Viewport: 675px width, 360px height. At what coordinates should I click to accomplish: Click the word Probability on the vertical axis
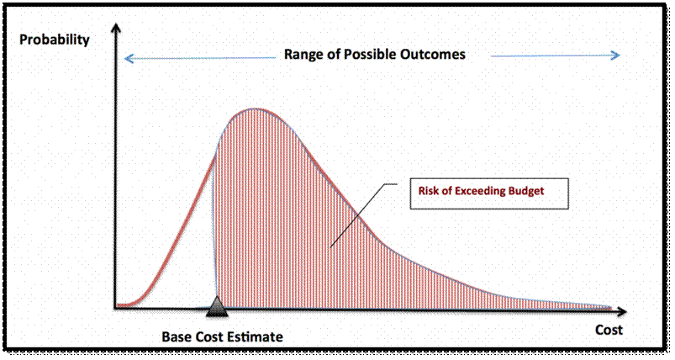(x=55, y=40)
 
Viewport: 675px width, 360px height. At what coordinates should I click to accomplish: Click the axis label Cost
(x=609, y=330)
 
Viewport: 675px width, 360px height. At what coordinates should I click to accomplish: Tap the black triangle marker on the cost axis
(x=217, y=307)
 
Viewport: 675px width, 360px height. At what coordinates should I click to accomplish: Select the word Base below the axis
(x=177, y=336)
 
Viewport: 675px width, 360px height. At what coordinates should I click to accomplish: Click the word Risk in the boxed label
(x=427, y=191)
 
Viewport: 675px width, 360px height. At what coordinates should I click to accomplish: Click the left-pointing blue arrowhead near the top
(x=129, y=58)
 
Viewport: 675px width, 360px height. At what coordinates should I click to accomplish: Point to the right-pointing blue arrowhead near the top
(x=614, y=56)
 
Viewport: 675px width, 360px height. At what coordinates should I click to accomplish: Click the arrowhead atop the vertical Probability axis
(x=116, y=28)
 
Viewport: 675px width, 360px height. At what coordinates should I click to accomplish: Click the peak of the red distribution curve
(x=256, y=109)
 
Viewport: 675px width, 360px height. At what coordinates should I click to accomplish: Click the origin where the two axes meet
(x=116, y=308)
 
